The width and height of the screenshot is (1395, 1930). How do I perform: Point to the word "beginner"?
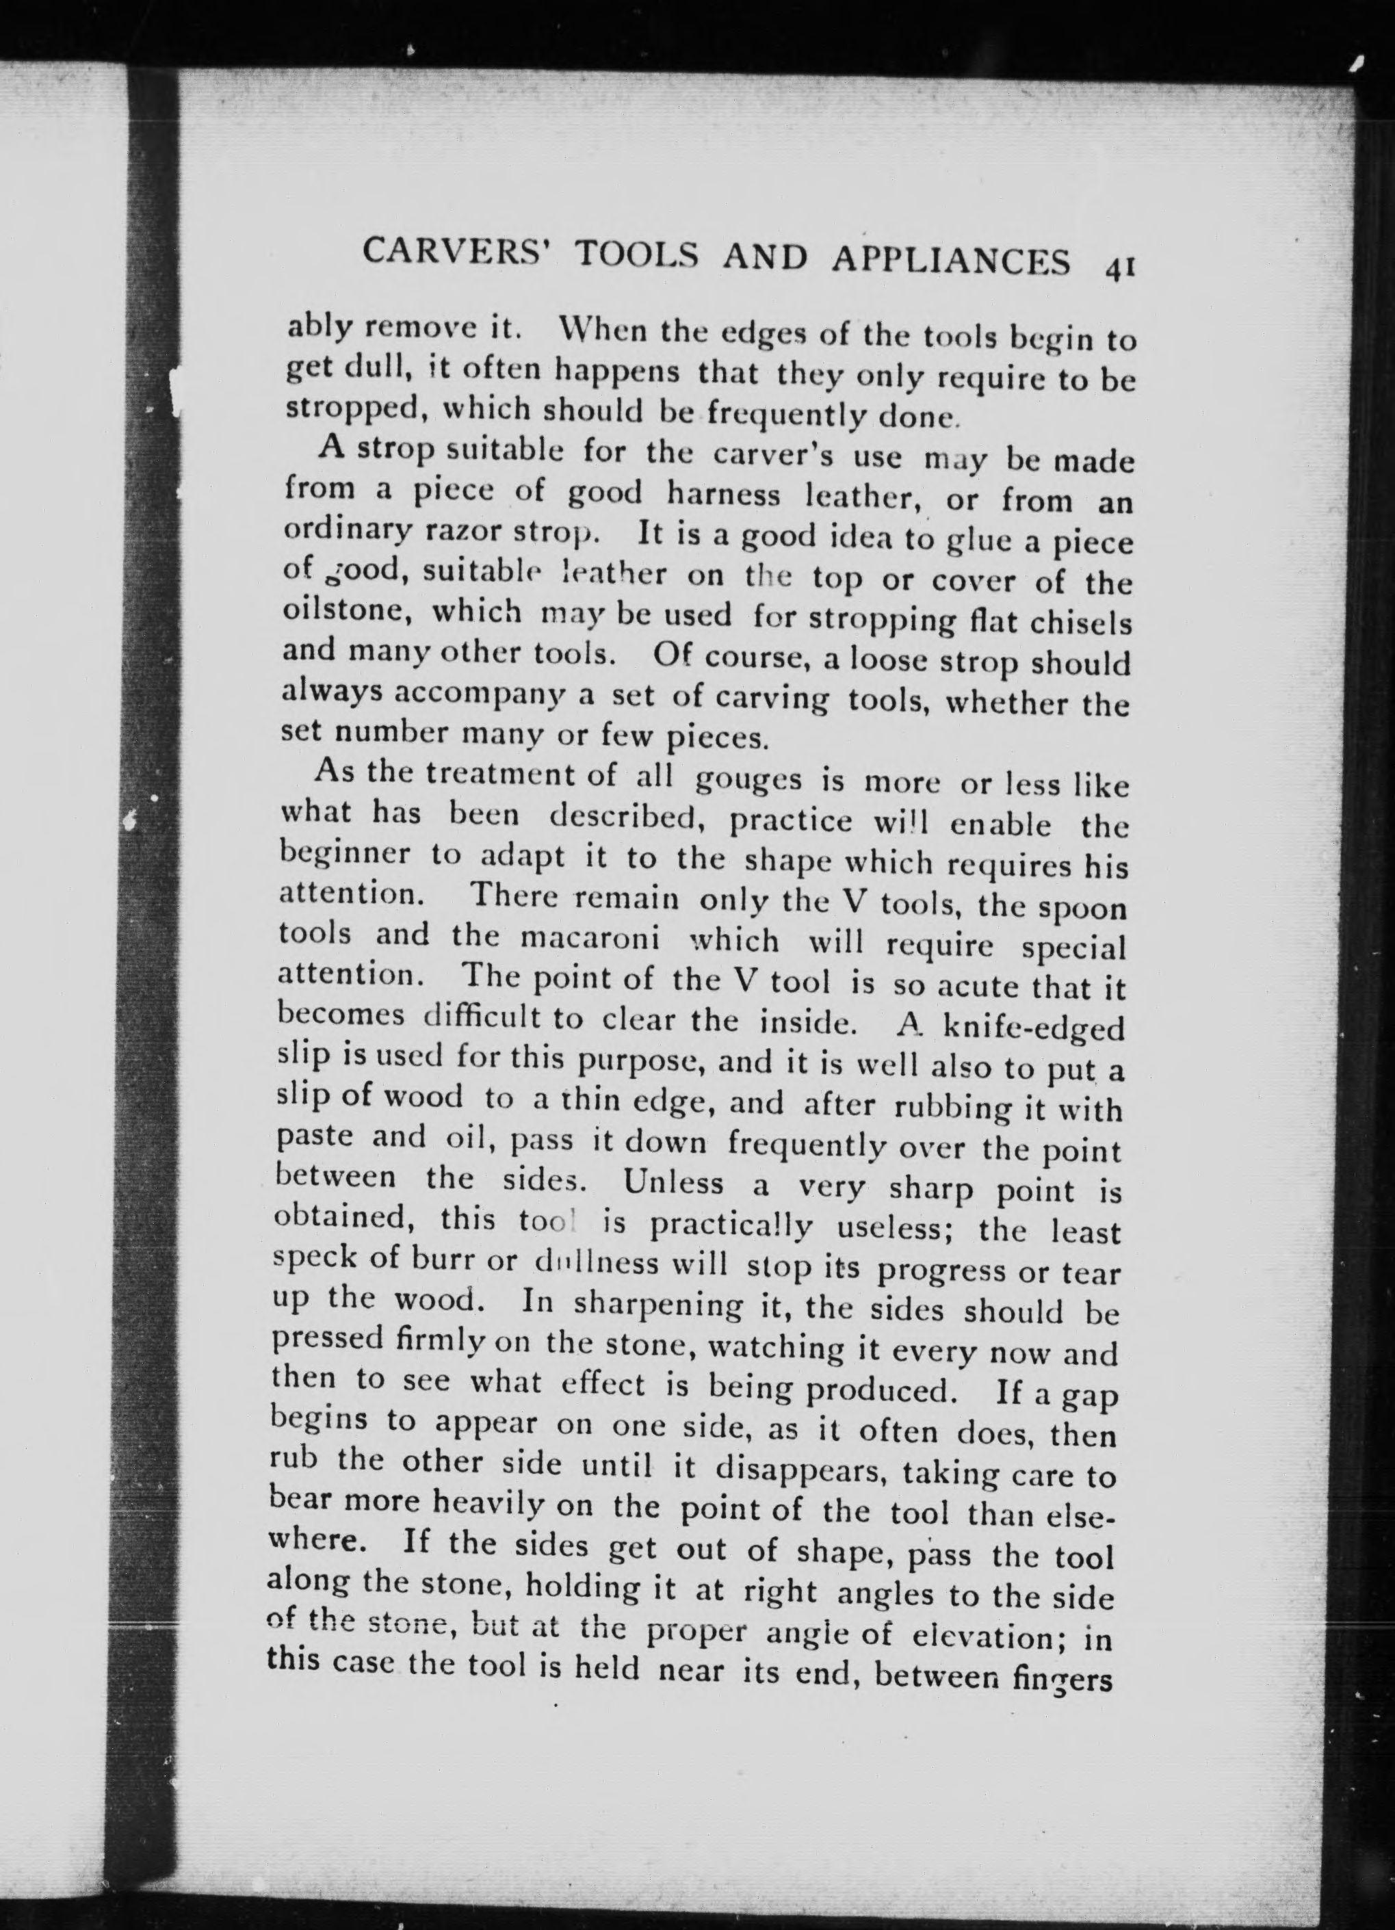point(346,855)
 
